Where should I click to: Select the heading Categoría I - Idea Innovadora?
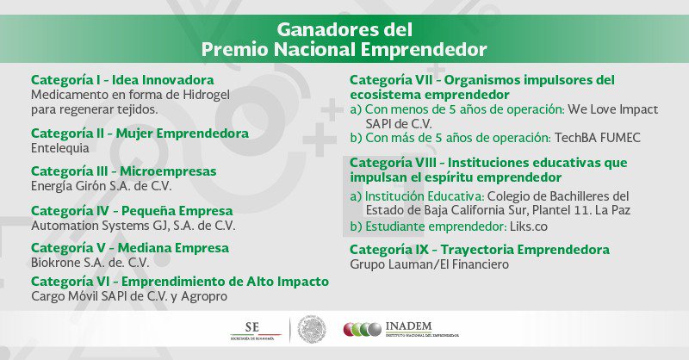122,80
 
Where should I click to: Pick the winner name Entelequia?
60,148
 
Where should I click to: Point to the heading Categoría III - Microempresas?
124,171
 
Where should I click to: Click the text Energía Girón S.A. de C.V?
102,186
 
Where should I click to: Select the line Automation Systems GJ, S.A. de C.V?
133,226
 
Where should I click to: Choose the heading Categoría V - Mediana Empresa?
130,248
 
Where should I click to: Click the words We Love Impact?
613,109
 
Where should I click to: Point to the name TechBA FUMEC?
598,138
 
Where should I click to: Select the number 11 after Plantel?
582,210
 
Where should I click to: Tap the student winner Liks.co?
529,227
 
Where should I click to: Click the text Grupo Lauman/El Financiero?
429,264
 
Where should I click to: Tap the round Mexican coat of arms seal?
312,329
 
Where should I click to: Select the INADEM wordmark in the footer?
408,326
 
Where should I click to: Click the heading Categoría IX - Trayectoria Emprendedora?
480,250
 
